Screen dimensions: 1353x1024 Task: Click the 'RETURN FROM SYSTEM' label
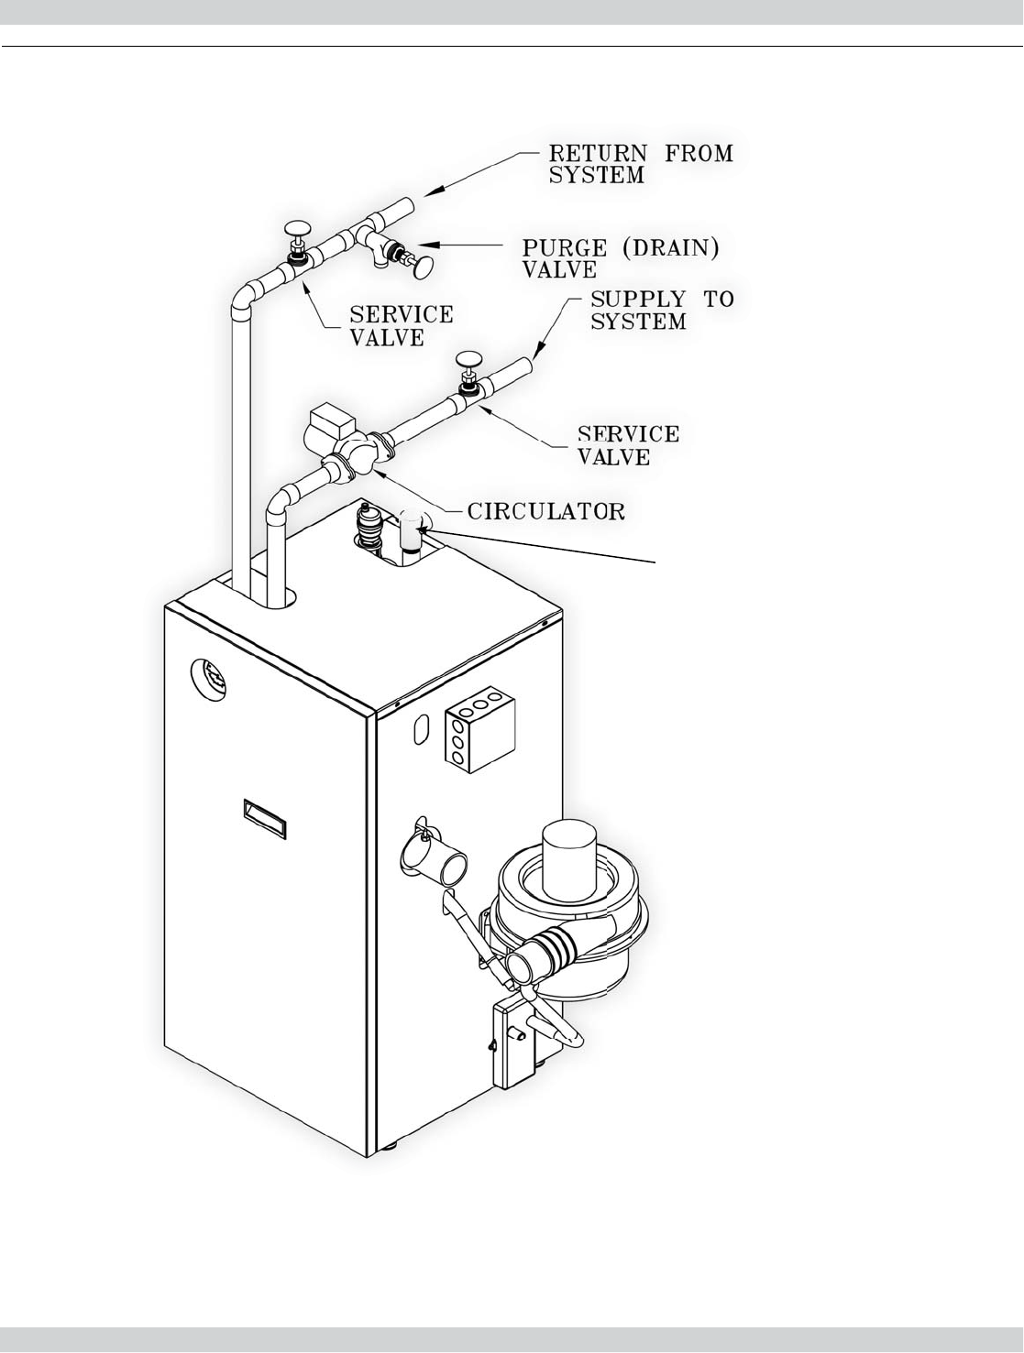(641, 163)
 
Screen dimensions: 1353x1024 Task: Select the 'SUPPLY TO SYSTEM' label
(661, 311)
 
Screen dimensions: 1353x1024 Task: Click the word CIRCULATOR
(546, 511)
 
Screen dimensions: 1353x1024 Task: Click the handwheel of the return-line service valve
(298, 229)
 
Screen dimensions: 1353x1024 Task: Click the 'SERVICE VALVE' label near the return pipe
(402, 325)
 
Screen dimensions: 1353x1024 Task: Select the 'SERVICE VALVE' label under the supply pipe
(628, 444)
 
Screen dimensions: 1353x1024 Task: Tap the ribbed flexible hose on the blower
(554, 948)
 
